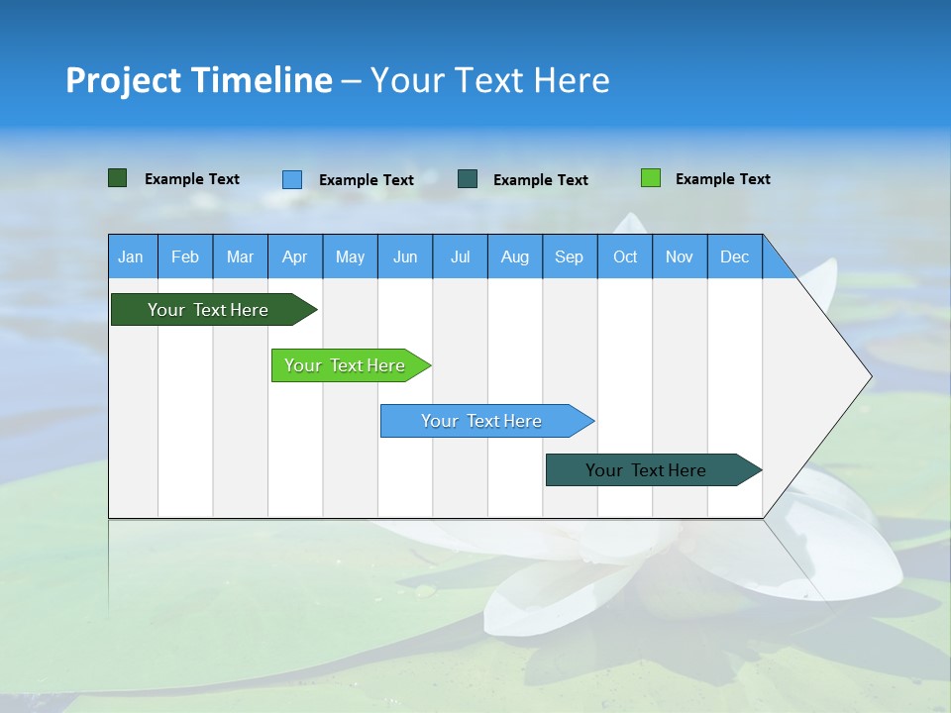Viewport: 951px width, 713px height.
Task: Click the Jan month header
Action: point(131,256)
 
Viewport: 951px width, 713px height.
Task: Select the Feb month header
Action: point(185,256)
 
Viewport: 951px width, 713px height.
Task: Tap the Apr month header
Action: point(294,256)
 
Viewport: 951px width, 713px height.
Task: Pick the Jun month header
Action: point(405,256)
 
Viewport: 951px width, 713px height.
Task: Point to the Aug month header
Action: point(514,256)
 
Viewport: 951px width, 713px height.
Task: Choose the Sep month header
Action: point(569,256)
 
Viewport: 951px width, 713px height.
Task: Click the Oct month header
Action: point(625,256)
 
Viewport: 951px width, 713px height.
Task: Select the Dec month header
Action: point(734,256)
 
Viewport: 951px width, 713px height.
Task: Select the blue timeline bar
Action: point(482,421)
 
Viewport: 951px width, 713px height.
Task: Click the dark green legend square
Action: point(117,178)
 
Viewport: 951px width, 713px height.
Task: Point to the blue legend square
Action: point(292,179)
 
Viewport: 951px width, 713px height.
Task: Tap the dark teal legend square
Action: point(468,179)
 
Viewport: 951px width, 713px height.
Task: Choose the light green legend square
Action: point(651,178)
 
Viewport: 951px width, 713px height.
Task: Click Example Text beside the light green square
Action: point(722,179)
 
